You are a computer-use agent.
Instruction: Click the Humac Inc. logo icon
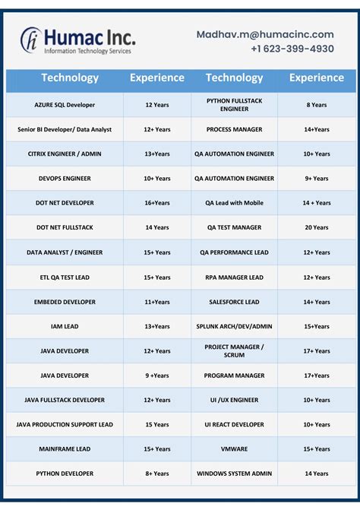31,40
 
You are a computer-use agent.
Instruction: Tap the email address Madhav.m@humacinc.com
265,34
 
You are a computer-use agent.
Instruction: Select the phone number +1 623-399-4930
292,49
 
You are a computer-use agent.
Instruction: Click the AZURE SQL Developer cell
65,105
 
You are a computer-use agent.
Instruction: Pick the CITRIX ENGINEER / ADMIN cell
65,154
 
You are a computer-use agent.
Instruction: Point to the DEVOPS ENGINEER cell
65,179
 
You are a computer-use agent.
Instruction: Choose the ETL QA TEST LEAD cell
65,277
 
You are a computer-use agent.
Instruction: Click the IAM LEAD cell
65,326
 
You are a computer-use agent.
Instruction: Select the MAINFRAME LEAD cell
65,449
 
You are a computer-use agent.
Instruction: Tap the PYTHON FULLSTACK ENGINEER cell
234,105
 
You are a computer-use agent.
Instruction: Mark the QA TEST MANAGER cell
234,227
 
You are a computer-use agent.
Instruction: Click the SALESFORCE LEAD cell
234,302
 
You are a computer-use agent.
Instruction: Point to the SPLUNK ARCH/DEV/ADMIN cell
234,326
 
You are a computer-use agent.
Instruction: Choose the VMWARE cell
234,449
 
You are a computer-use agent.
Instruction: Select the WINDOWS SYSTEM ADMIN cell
234,474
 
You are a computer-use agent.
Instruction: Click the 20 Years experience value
316,227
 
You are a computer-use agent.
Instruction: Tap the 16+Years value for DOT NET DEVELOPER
156,203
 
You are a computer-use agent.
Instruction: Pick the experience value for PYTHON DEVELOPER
156,474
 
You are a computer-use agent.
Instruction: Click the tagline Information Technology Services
88,51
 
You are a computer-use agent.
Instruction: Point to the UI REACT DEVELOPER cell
234,425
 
